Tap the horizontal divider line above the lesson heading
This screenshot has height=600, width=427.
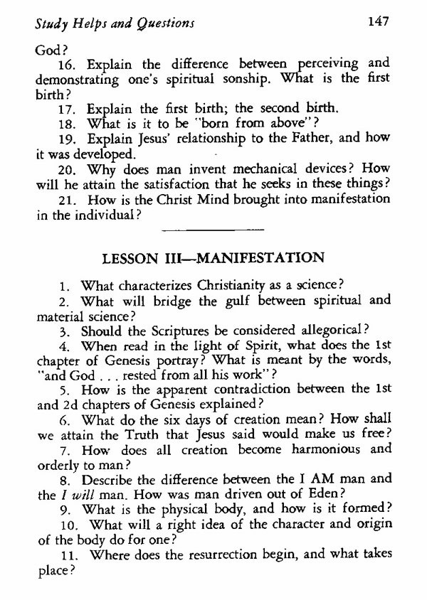213,229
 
